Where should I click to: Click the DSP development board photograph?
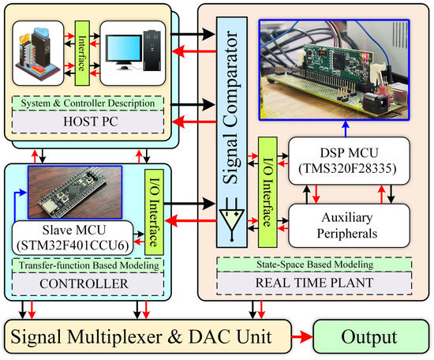(342, 65)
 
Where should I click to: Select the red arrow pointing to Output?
(301, 336)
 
